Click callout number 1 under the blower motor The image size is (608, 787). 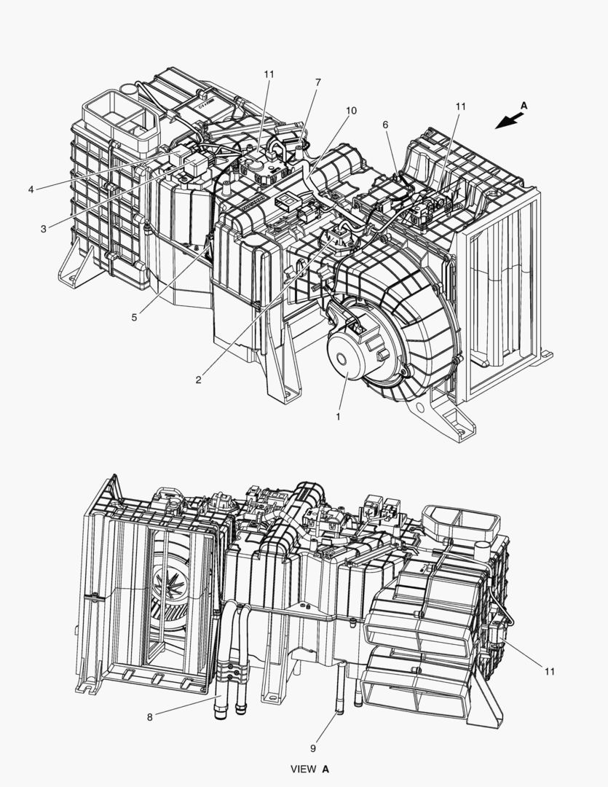[338, 417]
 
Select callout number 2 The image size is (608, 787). [199, 380]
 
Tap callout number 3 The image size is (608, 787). [44, 229]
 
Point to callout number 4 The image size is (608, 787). [31, 189]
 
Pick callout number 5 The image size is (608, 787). [134, 317]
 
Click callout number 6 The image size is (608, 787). [385, 125]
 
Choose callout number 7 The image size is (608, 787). [318, 82]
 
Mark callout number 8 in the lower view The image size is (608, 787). [149, 717]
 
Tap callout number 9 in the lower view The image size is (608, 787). [313, 748]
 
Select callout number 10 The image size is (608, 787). [351, 111]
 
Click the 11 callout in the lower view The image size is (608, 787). [550, 671]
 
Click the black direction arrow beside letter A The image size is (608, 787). [509, 121]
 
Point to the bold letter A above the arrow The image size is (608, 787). [524, 106]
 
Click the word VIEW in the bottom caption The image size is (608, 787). [304, 769]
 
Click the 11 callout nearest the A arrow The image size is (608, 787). [460, 106]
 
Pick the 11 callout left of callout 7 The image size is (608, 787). [269, 74]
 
